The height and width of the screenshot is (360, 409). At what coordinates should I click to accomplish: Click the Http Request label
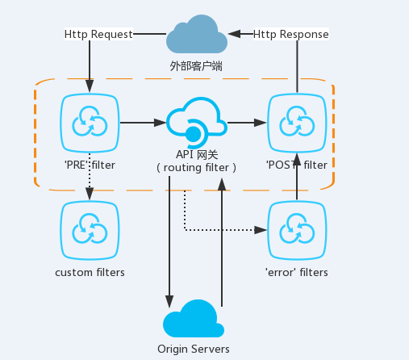[x=98, y=34]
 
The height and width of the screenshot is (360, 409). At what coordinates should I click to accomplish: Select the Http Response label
[x=291, y=34]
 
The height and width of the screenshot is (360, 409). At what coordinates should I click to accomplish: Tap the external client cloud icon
[x=197, y=34]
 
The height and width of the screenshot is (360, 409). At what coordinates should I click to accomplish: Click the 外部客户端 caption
[x=196, y=66]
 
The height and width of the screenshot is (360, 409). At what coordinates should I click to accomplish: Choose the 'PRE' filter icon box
[x=90, y=123]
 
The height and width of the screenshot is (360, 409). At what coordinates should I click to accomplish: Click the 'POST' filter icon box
[x=297, y=123]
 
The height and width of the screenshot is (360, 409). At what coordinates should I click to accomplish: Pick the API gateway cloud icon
[x=197, y=123]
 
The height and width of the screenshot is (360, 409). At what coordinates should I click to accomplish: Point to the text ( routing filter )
[x=196, y=168]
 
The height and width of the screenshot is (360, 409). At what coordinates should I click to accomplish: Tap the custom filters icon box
[x=90, y=230]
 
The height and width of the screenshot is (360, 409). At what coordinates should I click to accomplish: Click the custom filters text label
[x=90, y=273]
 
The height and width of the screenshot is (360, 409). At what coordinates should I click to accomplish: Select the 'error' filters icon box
[x=297, y=230]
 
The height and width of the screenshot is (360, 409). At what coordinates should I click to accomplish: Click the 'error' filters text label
[x=297, y=273]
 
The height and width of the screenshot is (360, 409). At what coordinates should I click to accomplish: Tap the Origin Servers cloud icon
[x=194, y=319]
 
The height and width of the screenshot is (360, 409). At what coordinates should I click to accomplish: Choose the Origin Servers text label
[x=194, y=350]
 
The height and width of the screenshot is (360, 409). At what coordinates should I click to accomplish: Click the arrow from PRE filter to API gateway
[x=143, y=123]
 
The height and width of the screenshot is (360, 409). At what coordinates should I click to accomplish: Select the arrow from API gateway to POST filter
[x=247, y=123]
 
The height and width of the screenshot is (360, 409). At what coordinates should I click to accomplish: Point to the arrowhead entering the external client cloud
[x=234, y=34]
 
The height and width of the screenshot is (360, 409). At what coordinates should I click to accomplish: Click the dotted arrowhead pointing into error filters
[x=261, y=230]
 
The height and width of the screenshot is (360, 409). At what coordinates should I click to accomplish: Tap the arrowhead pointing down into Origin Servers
[x=169, y=301]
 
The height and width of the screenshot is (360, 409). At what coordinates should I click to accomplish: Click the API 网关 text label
[x=197, y=155]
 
